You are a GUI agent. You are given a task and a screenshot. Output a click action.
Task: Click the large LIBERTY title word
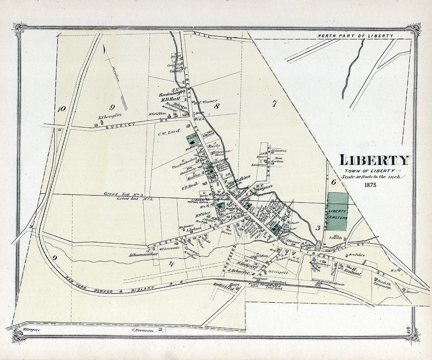(375, 160)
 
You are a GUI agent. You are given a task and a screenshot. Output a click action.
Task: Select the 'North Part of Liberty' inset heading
(355, 36)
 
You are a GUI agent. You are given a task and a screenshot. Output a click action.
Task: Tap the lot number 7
(274, 104)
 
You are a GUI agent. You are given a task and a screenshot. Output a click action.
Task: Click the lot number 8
(216, 106)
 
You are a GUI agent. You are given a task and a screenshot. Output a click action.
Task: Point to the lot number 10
(61, 108)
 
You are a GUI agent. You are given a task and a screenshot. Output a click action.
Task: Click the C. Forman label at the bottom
(143, 331)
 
